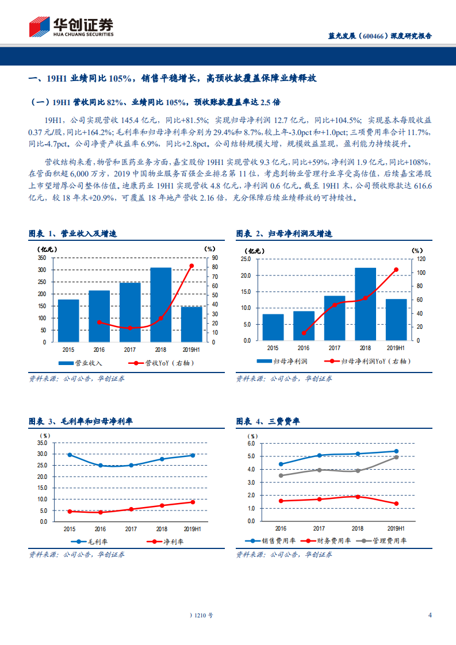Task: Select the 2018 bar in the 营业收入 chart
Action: [x=161, y=305]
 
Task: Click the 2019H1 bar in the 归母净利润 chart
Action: [x=396, y=320]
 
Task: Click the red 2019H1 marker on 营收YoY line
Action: [x=191, y=266]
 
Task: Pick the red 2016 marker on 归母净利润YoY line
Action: [x=304, y=333]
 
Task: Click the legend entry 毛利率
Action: [x=85, y=542]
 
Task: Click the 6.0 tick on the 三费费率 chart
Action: [x=251, y=444]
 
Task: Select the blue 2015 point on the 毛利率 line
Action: [x=69, y=455]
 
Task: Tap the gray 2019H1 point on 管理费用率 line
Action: [x=396, y=457]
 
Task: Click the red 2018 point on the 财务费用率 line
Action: [x=358, y=497]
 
